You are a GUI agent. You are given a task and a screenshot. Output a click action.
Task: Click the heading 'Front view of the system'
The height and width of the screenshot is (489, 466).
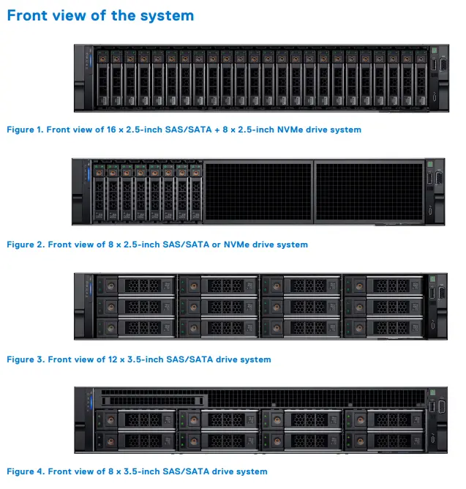100,15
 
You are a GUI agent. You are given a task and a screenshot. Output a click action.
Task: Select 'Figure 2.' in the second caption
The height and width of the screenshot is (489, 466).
25,244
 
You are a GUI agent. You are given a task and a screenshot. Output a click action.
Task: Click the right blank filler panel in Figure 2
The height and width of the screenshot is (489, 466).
368,191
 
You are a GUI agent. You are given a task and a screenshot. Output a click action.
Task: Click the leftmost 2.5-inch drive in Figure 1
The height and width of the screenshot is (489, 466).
102,77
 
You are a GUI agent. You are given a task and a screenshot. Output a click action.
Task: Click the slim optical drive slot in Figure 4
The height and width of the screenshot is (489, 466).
151,400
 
